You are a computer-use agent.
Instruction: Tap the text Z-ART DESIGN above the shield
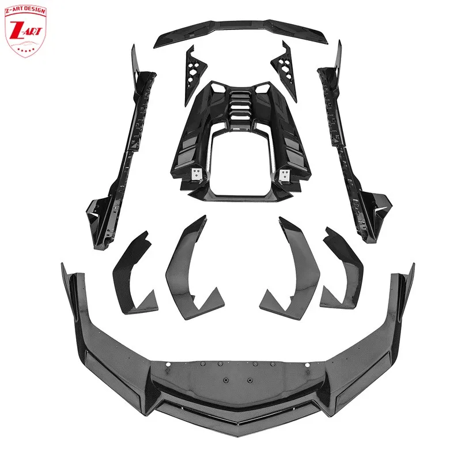(25, 9)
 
